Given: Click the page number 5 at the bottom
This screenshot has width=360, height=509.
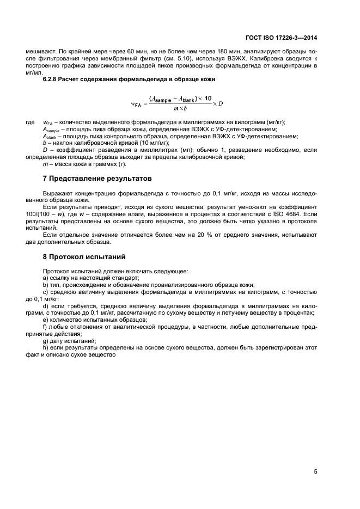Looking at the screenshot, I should pos(315,471).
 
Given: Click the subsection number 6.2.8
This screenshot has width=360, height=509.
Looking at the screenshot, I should pos(52,79).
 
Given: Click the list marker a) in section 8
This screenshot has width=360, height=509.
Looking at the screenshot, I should pos(45,278).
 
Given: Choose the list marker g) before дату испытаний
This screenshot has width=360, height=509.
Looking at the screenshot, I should pos(45,340).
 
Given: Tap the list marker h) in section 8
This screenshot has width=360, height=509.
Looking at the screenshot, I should pos(45,347).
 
